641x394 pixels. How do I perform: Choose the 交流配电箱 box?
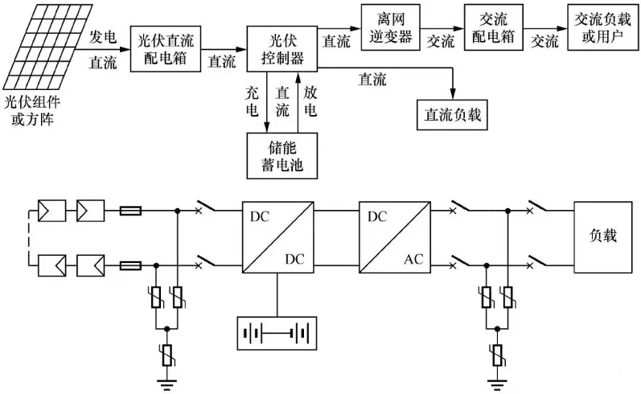487,27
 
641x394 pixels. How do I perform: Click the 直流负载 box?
452,114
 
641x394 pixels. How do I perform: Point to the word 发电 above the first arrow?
106,37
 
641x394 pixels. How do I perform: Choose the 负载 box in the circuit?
603,239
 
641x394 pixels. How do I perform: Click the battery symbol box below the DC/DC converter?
275,330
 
